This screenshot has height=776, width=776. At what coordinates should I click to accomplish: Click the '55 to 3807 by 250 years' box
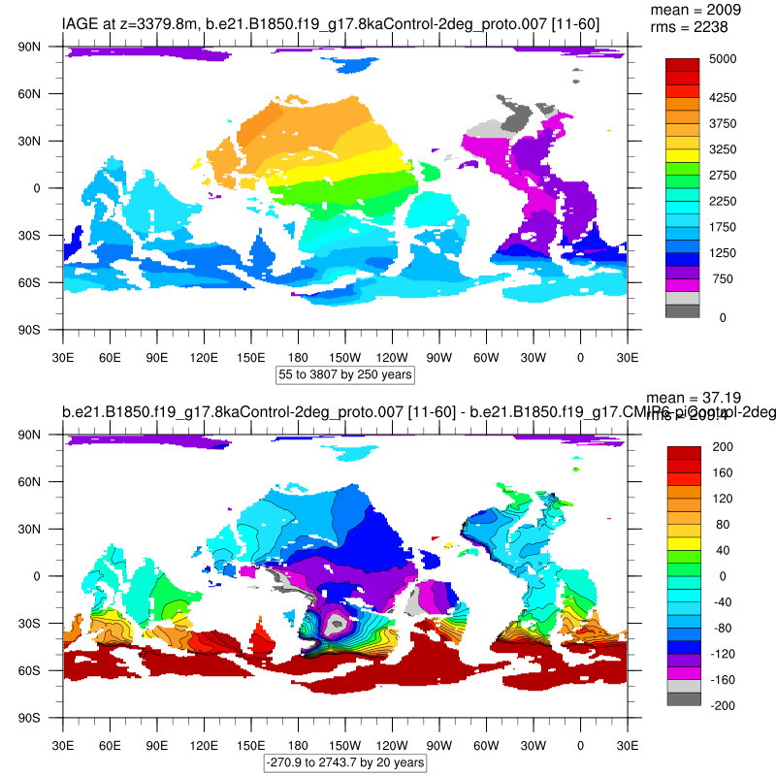pos(345,374)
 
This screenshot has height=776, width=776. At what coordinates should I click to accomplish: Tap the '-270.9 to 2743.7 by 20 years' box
pos(345,762)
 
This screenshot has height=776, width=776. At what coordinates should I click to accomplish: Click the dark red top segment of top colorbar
pos(682,65)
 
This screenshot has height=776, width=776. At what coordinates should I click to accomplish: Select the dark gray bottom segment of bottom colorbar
pos(682,698)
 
